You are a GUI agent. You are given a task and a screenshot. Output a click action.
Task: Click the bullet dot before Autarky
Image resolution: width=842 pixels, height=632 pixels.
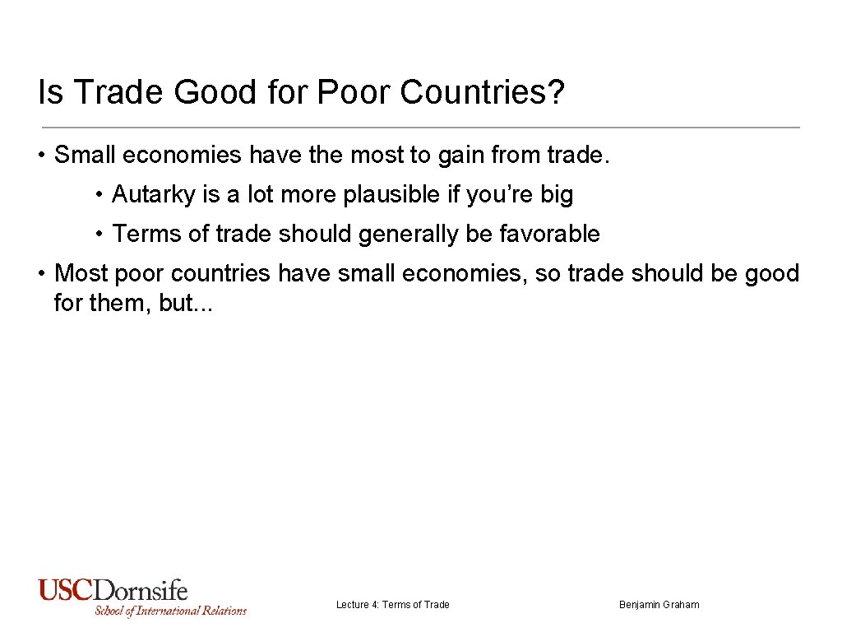99,196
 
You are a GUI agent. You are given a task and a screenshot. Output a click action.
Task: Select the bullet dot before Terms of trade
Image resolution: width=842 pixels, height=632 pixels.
99,235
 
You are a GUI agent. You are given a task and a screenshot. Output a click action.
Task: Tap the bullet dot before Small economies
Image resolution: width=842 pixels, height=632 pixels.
42,156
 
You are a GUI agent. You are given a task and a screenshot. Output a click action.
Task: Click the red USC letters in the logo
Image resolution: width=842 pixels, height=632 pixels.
66,591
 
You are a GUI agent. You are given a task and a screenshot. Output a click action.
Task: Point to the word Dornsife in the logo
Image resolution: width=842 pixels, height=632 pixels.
141,591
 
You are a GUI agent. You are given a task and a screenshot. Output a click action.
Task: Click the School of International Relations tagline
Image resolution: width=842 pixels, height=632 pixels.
170,611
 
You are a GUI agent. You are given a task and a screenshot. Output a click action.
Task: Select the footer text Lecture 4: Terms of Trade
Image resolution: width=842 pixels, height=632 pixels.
393,605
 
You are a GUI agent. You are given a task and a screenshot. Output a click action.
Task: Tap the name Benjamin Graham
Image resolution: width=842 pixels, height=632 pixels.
659,605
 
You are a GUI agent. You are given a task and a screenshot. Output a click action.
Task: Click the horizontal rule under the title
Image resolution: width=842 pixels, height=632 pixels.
419,128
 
